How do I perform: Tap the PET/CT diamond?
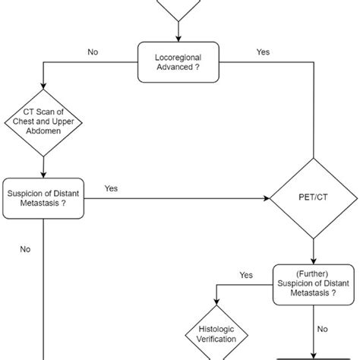pyautogui.click(x=314, y=200)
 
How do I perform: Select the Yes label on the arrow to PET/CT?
pyautogui.click(x=111, y=188)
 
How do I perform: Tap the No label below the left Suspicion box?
pyautogui.click(x=25, y=248)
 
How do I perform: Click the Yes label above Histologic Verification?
pyautogui.click(x=246, y=274)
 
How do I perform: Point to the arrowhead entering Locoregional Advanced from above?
pyautogui.click(x=179, y=38)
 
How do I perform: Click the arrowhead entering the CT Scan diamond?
pyautogui.click(x=44, y=98)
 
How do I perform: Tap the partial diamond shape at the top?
pyautogui.click(x=179, y=8)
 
